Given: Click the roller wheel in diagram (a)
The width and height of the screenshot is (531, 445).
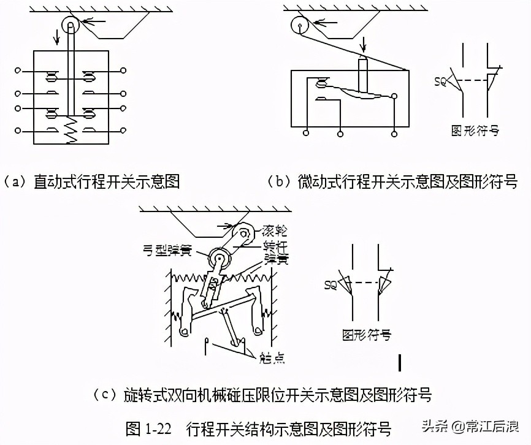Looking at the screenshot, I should [x=71, y=26].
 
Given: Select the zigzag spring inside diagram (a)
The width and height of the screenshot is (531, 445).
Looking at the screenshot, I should [x=72, y=131].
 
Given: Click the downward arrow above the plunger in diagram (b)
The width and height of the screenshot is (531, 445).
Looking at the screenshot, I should [x=363, y=45].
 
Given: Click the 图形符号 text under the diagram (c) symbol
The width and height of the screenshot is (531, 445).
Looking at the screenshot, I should [x=366, y=335].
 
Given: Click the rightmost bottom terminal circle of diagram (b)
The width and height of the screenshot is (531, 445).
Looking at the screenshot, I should [x=394, y=132].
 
